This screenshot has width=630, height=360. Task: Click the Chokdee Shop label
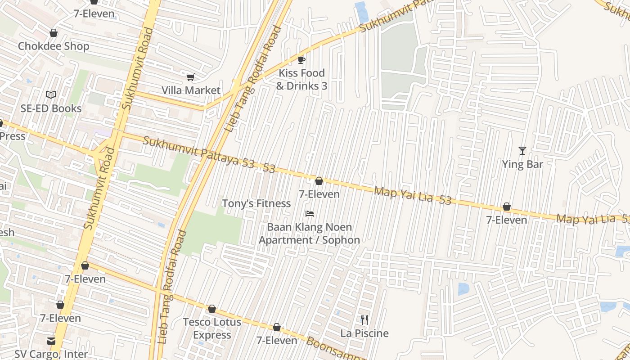click(53, 46)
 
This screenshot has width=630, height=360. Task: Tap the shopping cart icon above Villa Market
click(190, 77)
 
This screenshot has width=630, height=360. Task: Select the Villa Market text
click(191, 90)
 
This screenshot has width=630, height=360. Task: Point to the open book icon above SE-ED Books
click(51, 95)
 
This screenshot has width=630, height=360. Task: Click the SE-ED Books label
click(51, 108)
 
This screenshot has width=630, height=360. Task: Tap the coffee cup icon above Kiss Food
click(301, 60)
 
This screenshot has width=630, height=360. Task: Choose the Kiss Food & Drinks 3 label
click(301, 79)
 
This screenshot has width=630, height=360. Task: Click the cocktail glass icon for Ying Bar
click(522, 151)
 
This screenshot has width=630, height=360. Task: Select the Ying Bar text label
click(522, 164)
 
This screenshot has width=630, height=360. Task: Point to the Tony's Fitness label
click(256, 203)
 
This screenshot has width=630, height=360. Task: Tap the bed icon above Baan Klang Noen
click(309, 214)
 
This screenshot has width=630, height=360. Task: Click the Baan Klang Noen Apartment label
click(309, 234)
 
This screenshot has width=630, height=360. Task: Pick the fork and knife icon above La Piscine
click(364, 320)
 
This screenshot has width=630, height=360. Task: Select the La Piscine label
click(364, 333)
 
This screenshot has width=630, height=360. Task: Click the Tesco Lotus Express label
click(212, 328)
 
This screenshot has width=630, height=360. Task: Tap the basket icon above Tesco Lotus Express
click(212, 309)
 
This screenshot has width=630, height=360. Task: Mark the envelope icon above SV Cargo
click(51, 341)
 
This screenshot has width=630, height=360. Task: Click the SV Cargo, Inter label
click(51, 354)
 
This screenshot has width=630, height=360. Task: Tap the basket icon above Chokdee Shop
click(54, 33)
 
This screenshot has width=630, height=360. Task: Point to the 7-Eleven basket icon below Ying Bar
click(506, 207)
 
